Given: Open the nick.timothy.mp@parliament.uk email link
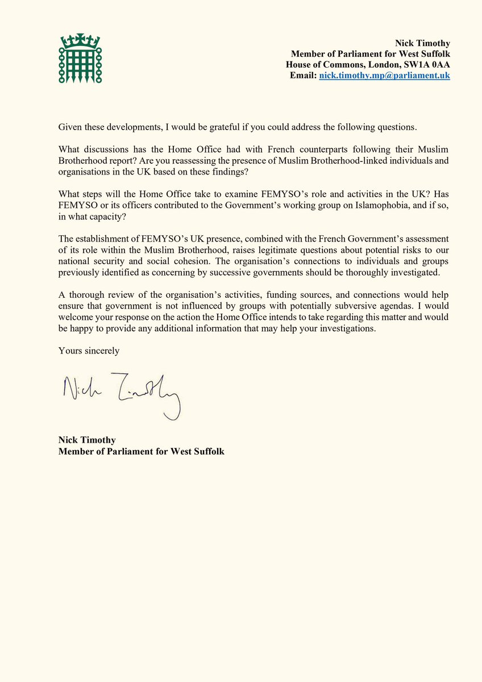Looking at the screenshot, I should pyautogui.click(x=384, y=75).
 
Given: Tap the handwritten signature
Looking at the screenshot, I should pyautogui.click(x=121, y=392).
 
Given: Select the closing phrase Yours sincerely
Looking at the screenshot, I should pyautogui.click(x=89, y=351).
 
